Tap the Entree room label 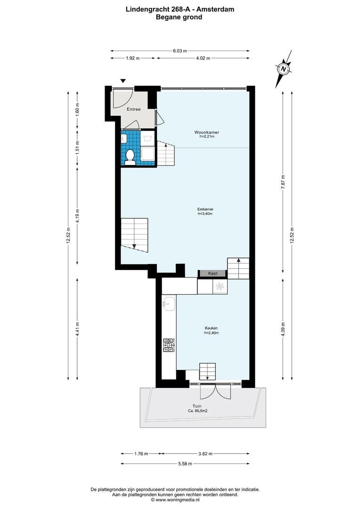[x=133, y=109]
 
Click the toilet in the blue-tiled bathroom [x=131, y=156]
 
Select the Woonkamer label [x=206, y=132]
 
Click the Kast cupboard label [x=212, y=273]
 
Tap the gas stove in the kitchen [x=169, y=345]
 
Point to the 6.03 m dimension [x=180, y=50]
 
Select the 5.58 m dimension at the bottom [x=186, y=464]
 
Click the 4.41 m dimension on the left [x=77, y=327]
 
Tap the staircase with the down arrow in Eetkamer [x=134, y=233]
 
